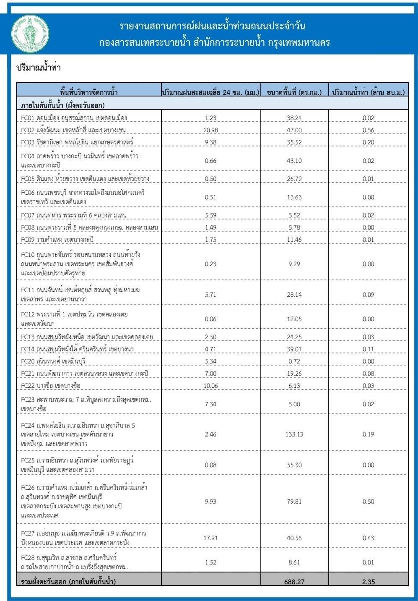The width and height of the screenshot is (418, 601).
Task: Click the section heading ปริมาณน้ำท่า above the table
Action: coord(39,68)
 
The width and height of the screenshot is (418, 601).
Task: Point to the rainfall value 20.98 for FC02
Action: coord(210,130)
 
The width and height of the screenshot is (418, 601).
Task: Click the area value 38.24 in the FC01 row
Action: coord(294,118)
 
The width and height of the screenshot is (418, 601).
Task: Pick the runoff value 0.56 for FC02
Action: coord(368,130)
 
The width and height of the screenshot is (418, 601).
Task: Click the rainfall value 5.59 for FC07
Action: coord(210,215)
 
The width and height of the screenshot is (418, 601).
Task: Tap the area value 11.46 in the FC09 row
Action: coord(294,240)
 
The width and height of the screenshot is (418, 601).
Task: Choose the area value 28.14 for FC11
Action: coord(294,295)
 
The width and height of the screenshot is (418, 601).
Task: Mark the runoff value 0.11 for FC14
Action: coord(368,349)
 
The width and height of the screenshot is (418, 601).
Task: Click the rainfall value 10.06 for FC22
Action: coord(210,386)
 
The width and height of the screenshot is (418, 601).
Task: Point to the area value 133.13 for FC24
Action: coord(294,434)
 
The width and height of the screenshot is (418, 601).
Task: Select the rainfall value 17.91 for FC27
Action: coord(210,538)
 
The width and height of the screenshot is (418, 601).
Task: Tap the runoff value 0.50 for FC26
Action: coord(368,502)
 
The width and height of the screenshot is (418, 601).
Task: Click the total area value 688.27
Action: coord(294,582)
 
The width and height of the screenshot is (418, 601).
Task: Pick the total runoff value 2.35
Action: coord(368,582)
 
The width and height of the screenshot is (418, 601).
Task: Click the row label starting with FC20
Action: coord(53,361)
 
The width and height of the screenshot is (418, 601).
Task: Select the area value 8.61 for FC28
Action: coord(294,562)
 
